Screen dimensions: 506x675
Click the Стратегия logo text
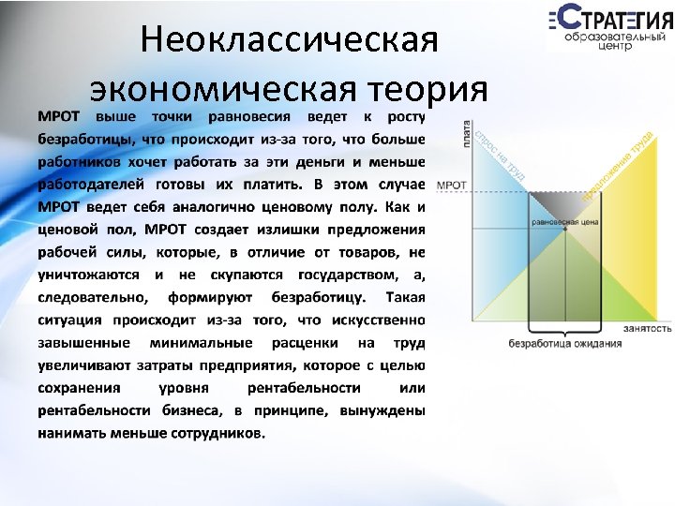(x=609, y=20)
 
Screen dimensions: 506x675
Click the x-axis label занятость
(x=647, y=328)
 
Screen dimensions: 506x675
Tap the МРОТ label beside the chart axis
(x=453, y=185)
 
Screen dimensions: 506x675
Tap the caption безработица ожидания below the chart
(x=564, y=343)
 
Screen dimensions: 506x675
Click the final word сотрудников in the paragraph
(x=217, y=433)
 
